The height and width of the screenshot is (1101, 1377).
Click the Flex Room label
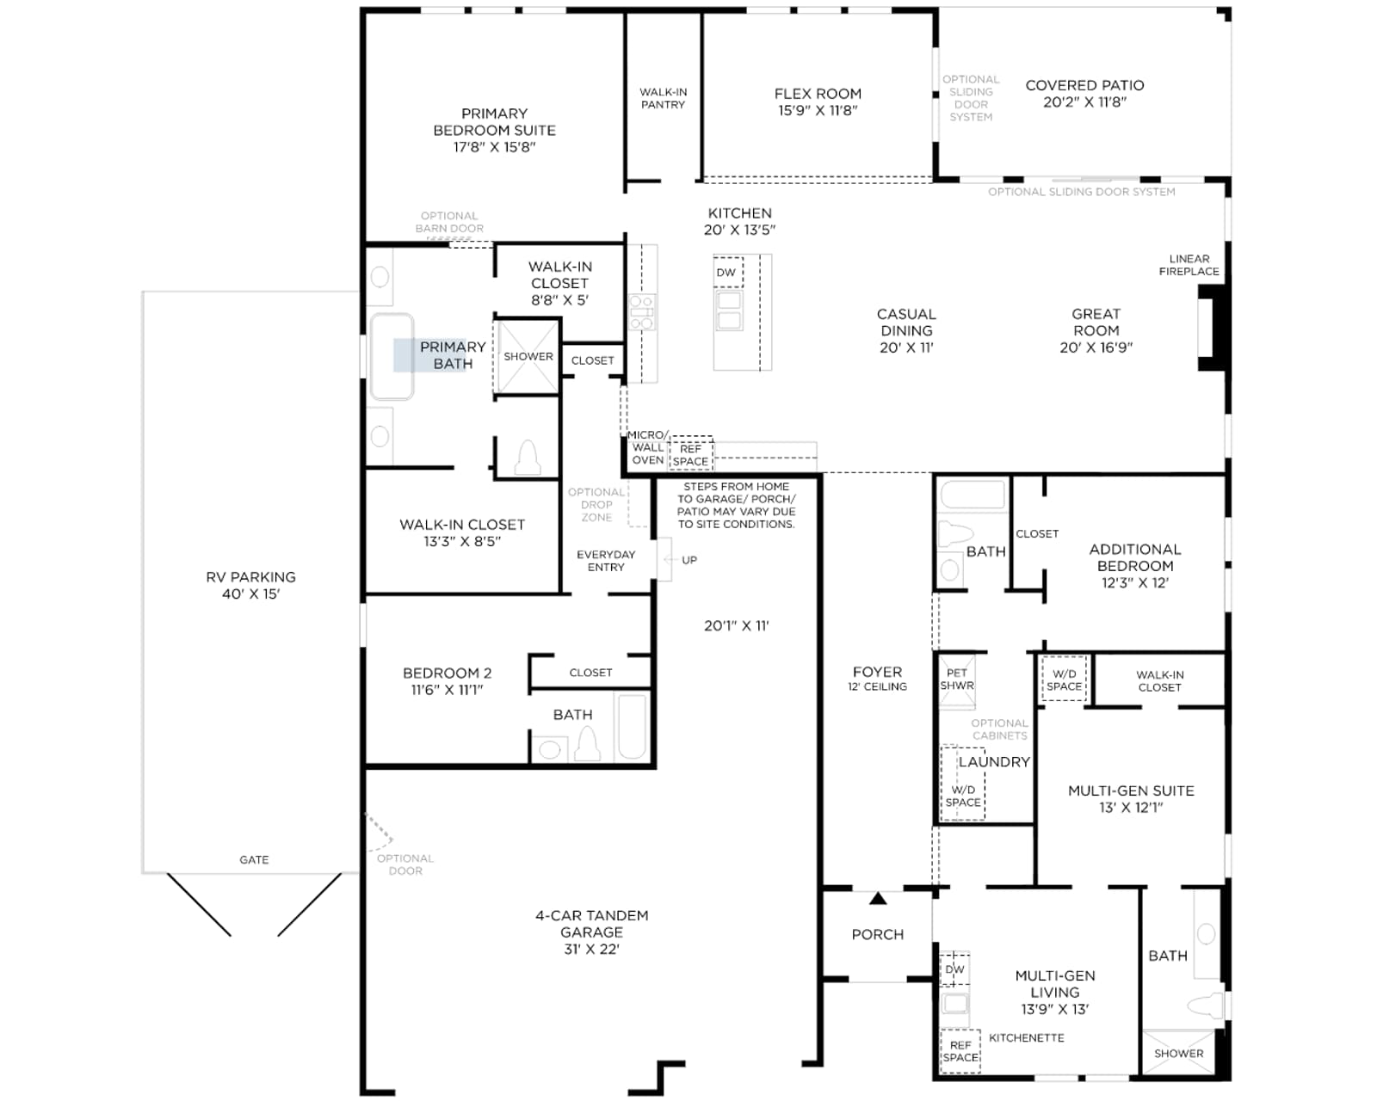817,94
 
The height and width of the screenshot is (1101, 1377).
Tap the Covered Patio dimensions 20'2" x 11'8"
1084,102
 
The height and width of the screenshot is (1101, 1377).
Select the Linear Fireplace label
1189,265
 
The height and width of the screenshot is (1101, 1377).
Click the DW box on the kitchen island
728,272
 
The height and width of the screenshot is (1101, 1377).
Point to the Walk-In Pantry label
663,99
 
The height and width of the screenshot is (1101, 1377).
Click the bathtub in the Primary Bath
392,356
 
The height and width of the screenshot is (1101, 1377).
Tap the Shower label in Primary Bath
528,356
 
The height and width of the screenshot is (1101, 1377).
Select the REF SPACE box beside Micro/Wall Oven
690,453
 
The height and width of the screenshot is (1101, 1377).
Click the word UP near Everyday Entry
689,560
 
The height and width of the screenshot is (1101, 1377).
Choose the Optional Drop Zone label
596,505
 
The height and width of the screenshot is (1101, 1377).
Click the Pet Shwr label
957,679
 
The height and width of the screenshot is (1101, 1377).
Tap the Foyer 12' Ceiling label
877,679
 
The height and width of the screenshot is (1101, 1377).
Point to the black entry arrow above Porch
878,898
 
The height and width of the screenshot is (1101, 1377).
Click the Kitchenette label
1027,1037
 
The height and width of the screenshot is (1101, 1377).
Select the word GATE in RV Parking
254,860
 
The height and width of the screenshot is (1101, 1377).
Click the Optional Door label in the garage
405,864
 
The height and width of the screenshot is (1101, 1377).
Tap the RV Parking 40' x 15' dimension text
250,594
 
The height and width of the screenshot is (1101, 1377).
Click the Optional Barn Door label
449,222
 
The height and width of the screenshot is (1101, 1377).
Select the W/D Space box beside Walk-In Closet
1064,680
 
